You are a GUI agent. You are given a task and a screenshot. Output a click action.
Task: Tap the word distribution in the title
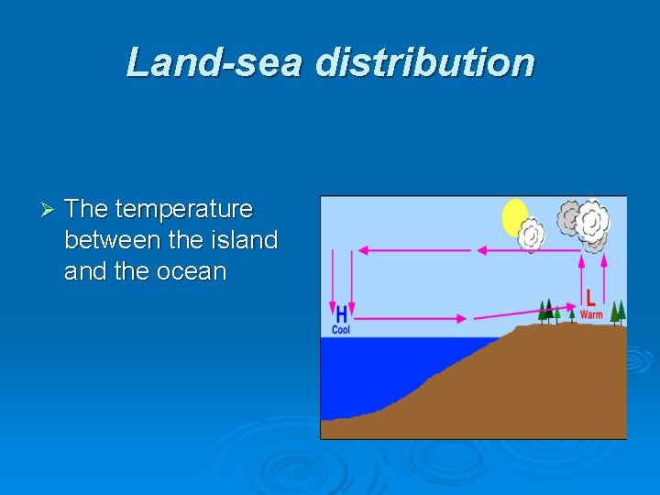click(x=424, y=62)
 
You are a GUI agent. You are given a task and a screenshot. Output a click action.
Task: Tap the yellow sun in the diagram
click(x=515, y=218)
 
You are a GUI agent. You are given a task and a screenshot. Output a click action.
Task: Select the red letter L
click(x=590, y=297)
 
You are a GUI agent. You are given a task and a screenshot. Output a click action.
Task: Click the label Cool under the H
click(x=341, y=329)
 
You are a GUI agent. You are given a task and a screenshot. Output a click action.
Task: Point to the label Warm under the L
click(x=591, y=314)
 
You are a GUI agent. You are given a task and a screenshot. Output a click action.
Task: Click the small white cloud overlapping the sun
click(x=532, y=236)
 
